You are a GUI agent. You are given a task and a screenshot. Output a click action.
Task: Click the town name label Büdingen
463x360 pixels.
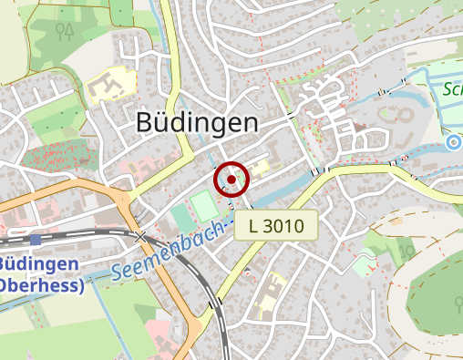click(197, 122)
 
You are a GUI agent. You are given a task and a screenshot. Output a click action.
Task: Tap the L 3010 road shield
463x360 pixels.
click(275, 224)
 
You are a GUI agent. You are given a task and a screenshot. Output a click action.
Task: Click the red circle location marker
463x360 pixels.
click(231, 180)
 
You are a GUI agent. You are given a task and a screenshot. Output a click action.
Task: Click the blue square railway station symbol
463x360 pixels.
click(36, 240)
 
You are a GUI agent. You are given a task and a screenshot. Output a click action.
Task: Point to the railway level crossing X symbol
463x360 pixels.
click(139, 237)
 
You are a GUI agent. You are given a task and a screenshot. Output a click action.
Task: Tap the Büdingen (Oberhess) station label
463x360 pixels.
click(41, 274)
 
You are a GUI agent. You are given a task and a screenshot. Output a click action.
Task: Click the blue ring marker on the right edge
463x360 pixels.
click(454, 141)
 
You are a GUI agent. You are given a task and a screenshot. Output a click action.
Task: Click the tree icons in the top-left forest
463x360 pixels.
click(64, 33)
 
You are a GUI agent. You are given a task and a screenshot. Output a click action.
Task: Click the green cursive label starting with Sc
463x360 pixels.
click(452, 88)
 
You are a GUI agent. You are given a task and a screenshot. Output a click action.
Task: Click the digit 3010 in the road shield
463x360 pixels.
click(284, 224)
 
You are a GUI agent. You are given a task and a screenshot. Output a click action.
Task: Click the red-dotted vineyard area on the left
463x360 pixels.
click(50, 158)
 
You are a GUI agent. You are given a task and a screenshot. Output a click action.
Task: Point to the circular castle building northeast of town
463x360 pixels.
click(401, 116)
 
